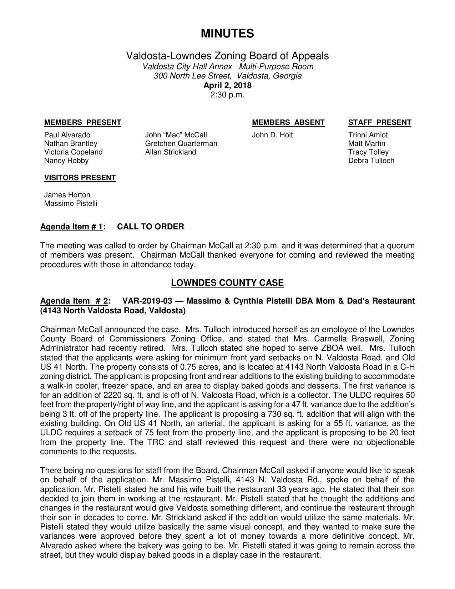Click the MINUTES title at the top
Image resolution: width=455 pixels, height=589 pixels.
(227, 34)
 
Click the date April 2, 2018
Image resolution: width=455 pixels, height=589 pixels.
(227, 86)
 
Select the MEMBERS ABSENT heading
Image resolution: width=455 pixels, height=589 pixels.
(288, 123)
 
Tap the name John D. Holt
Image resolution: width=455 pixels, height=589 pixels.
(272, 135)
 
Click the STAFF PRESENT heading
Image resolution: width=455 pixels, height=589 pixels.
(379, 123)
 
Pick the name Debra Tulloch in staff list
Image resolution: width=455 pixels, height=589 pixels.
(371, 161)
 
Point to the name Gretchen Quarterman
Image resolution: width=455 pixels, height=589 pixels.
(181, 144)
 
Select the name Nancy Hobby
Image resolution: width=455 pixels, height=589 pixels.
(66, 161)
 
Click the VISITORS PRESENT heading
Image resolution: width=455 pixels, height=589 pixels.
(80, 178)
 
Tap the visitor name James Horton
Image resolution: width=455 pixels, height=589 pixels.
(67, 195)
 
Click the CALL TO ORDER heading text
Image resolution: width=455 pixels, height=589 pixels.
(151, 227)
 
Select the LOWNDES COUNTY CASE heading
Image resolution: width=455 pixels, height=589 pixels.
(227, 283)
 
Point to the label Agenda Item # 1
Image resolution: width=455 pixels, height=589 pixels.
(72, 227)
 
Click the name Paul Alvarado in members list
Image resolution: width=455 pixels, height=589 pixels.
(67, 135)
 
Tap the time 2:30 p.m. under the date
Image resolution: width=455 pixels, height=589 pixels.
(227, 95)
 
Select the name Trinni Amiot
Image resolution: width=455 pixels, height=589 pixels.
(368, 135)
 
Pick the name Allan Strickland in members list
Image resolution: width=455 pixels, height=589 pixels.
(171, 152)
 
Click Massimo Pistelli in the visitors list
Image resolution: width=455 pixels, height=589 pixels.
(70, 204)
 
